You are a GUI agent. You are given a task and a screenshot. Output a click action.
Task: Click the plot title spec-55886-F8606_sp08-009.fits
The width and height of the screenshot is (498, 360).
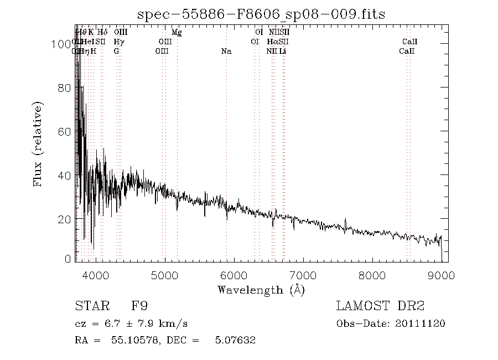pos(262,13)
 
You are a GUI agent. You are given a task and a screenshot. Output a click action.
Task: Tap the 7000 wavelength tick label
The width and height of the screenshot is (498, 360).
pos(303,275)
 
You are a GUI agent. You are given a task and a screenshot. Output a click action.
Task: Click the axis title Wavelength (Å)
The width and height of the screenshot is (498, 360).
pos(261,290)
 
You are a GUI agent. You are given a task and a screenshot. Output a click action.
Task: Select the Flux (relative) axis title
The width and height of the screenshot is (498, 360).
pos(38,144)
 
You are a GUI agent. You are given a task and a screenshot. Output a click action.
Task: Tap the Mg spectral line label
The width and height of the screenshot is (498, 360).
pos(177,33)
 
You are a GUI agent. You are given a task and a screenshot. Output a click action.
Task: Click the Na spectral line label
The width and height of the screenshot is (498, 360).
pos(226,52)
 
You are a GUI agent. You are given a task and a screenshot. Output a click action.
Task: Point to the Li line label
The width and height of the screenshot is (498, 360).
pos(283,52)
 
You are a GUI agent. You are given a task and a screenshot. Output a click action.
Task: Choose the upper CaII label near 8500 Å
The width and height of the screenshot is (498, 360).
pos(409,42)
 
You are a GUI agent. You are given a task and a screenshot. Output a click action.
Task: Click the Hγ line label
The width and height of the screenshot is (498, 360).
pos(118,42)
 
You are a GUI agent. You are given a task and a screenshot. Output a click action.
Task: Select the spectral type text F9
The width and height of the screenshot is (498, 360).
pos(139,306)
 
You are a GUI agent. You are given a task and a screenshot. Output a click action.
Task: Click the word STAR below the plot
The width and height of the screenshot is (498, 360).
pos(90,306)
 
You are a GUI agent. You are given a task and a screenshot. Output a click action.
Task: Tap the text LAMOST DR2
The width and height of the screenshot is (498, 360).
pos(380,306)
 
